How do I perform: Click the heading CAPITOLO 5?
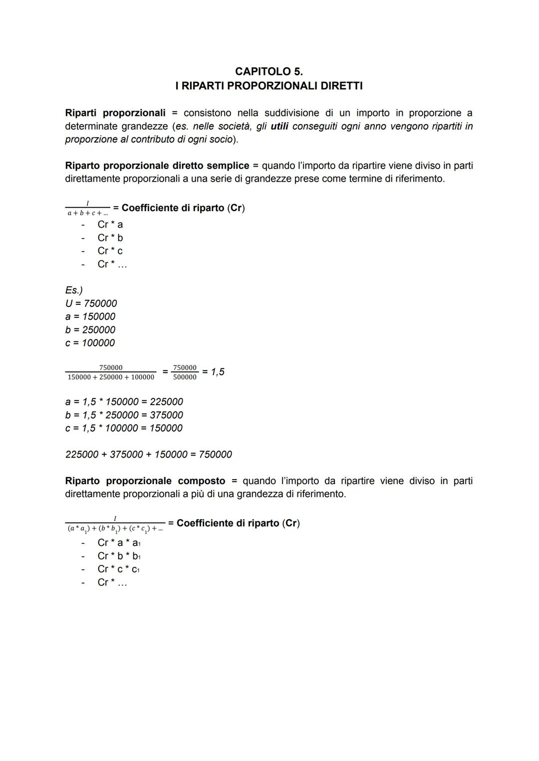pos(269,71)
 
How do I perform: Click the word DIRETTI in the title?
pos(341,86)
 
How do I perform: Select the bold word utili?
pos(279,126)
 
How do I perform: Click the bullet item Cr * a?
pos(110,225)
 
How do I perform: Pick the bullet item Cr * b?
pos(110,238)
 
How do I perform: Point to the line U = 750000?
pos(91,303)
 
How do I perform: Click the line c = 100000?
pos(90,343)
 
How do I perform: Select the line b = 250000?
pos(90,330)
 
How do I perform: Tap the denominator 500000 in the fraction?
pos(185,377)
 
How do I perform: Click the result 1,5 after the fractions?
pos(218,372)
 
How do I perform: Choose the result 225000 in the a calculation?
pos(166,402)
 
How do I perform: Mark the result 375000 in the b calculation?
pos(166,415)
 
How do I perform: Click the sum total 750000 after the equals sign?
pos(215,455)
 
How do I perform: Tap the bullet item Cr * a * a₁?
pos(119,543)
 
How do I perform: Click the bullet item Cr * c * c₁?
pos(118,569)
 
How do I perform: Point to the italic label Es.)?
pos(74,290)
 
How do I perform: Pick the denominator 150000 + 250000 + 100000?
pos(111,377)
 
